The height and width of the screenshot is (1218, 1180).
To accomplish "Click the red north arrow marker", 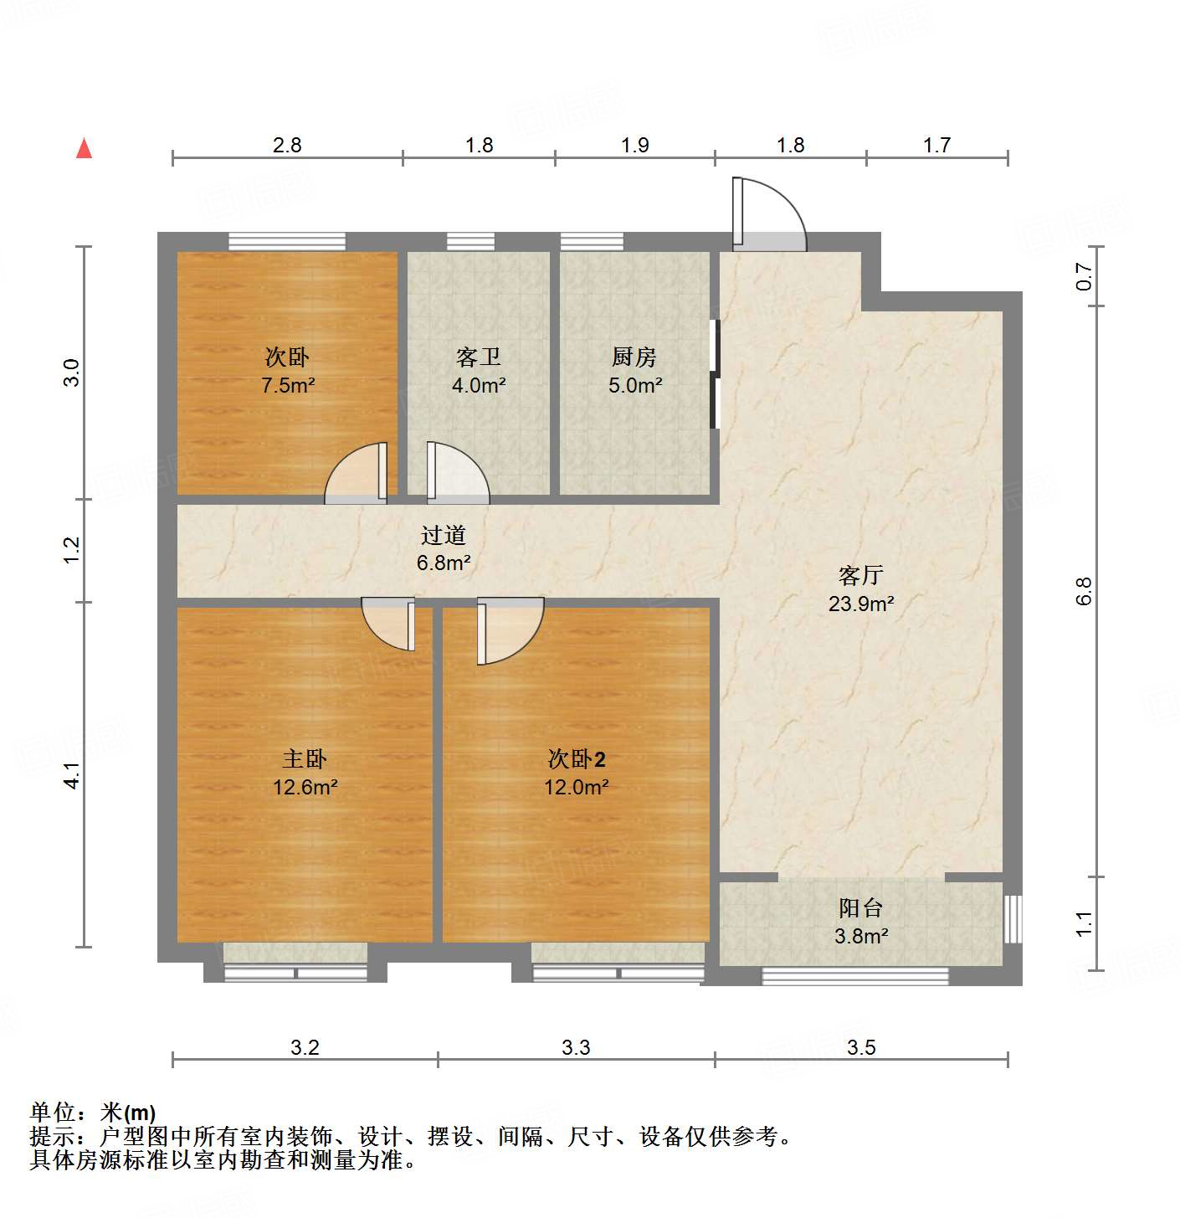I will pos(84,148).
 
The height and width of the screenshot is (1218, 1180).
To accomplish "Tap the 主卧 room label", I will pos(305,759).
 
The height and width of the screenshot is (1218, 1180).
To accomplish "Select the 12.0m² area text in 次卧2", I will pos(576,788).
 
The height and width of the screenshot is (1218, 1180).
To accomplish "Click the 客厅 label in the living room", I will pos(860,576).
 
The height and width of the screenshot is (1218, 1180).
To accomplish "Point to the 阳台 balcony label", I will pos(860,908).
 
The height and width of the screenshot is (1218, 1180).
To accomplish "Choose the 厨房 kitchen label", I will pos(634,357).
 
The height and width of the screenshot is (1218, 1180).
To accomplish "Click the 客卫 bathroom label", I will pos(478,357).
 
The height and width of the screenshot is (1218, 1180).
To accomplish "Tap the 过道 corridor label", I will pos(443,535).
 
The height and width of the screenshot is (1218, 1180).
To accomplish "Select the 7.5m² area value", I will pos(287,386).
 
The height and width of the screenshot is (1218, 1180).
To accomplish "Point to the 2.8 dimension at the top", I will pos(287,146).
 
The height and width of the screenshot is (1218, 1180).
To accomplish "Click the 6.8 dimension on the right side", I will pos(1084,591).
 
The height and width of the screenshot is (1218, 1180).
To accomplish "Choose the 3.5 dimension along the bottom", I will pos(860,1047).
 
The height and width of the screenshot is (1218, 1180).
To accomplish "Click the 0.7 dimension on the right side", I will pos(1084,276).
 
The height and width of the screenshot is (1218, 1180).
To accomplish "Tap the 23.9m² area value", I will pos(860,604).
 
